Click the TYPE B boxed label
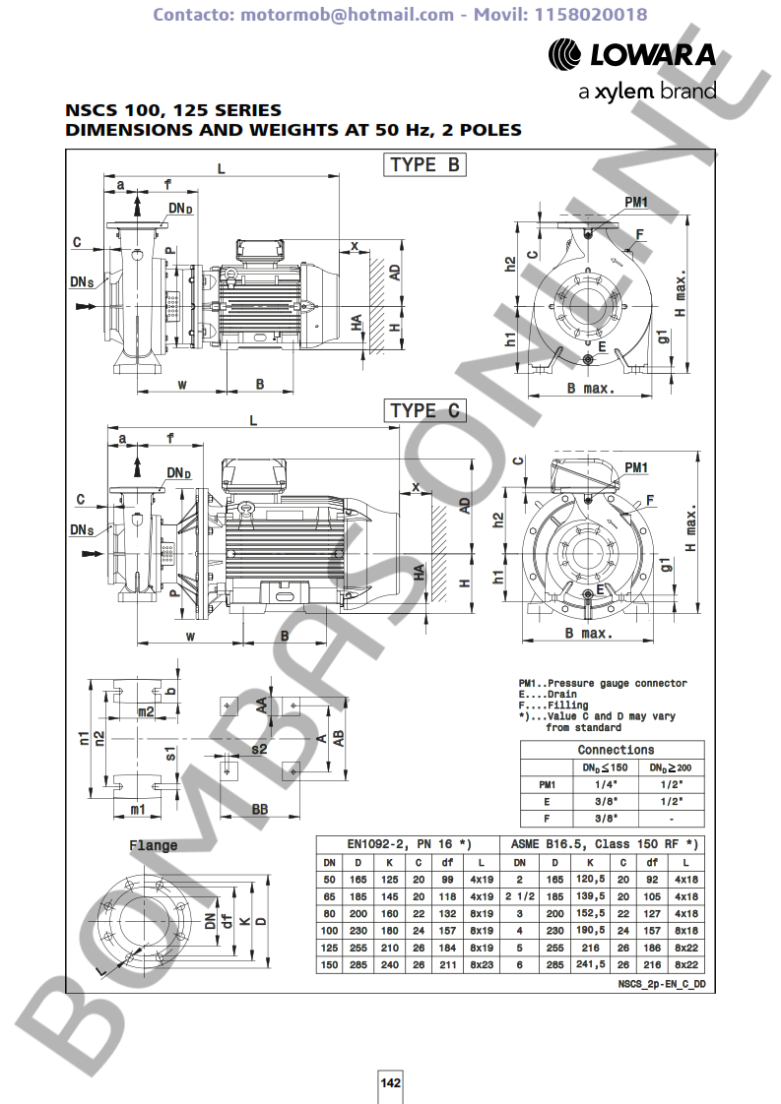[x=425, y=164]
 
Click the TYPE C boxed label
[x=425, y=410]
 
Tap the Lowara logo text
[x=653, y=54]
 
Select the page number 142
[x=390, y=1082]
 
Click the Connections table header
[x=617, y=750]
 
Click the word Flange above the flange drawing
[x=153, y=845]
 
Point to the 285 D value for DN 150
[x=358, y=964]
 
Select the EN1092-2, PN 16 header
[x=409, y=844]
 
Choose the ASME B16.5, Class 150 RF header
[x=604, y=844]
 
